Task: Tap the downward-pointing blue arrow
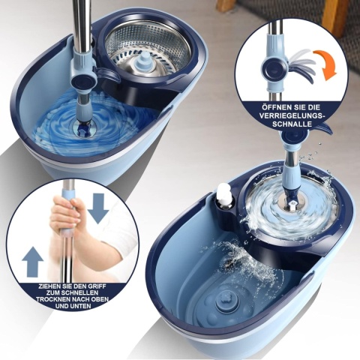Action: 98,208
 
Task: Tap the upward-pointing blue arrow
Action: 32,261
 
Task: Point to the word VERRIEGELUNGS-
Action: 292,116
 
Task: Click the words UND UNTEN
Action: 73,306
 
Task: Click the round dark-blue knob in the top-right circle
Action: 274,67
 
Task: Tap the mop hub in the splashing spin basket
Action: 292,201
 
